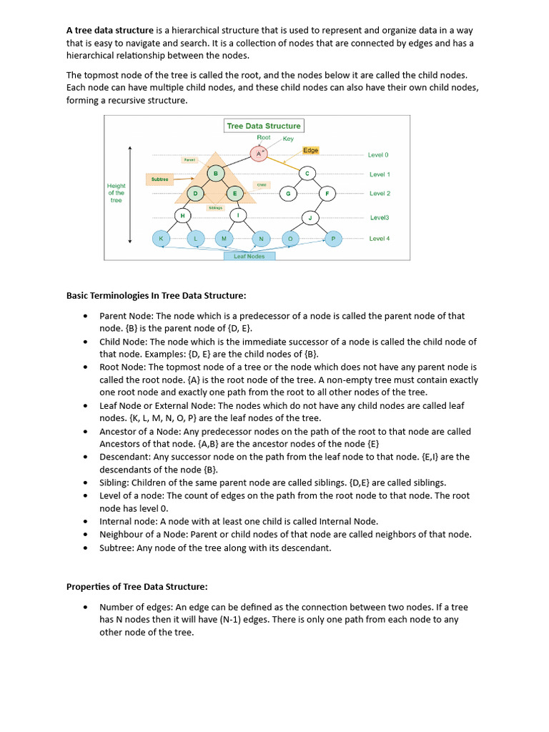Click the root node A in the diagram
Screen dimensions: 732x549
pos(259,154)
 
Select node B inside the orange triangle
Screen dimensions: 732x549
pos(216,174)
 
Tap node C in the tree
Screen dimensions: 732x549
pos(307,174)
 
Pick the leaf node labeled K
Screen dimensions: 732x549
pos(161,239)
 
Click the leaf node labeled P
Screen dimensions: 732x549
pos(333,239)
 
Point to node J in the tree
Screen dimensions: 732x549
pos(310,217)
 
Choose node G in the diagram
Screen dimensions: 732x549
pos(288,194)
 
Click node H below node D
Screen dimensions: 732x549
pos(182,215)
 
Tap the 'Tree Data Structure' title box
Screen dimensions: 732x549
pos(264,126)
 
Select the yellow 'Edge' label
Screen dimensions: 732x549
pos(310,150)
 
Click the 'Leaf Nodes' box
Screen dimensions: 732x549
pos(249,256)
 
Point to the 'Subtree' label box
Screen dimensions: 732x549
pos(160,179)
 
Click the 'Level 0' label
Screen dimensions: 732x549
pos(378,154)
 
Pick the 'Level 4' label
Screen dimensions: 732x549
pos(379,239)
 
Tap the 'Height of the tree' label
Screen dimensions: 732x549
pos(116,193)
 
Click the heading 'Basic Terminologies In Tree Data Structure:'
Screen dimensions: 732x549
pos(156,295)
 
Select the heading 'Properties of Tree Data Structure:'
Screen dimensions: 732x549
pos(137,587)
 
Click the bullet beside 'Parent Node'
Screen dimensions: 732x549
pos(86,316)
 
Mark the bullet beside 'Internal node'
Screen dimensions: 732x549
pos(86,522)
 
